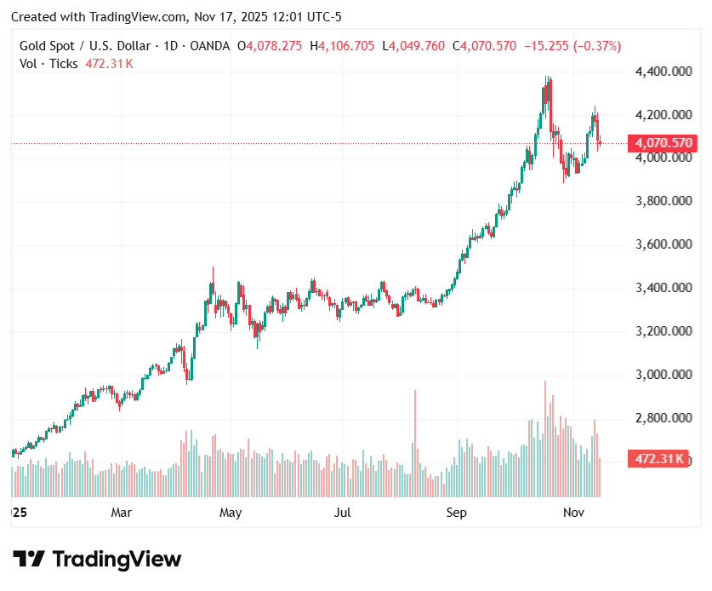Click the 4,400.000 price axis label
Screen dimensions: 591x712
click(664, 72)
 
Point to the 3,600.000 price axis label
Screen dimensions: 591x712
click(664, 244)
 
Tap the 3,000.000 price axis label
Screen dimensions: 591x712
click(664, 375)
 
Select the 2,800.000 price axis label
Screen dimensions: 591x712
click(664, 418)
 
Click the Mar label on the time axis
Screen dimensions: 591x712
click(122, 513)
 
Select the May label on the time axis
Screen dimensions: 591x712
click(231, 513)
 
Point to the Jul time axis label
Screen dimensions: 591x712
click(342, 513)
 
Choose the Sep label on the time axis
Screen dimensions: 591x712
click(457, 513)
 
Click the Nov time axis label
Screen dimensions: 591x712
click(574, 513)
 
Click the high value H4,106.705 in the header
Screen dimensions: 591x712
click(342, 46)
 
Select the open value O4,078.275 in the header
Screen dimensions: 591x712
click(269, 46)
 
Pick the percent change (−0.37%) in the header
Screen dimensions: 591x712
click(597, 46)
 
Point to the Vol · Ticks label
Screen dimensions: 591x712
click(48, 64)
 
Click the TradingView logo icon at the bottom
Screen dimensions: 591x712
click(29, 559)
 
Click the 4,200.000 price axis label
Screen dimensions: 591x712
click(664, 115)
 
